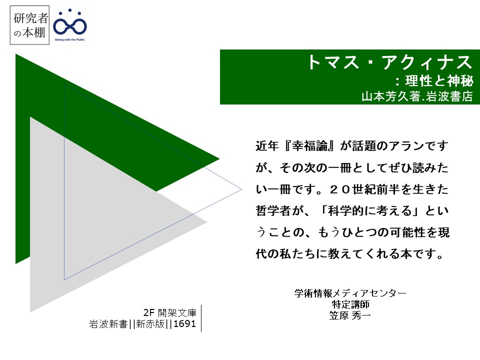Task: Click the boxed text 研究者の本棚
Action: tap(29, 25)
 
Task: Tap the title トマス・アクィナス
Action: tap(389, 62)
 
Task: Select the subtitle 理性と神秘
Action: tap(439, 81)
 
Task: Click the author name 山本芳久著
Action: tap(391, 96)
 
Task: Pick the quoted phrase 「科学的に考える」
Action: tap(369, 211)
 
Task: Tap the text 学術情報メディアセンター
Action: tap(350, 293)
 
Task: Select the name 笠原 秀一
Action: tap(350, 315)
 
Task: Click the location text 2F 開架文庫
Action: tap(169, 312)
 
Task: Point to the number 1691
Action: tap(184, 323)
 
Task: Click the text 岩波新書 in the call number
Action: tap(108, 323)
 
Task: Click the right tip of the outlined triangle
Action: tap(241, 189)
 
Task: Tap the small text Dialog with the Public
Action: tap(70, 39)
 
